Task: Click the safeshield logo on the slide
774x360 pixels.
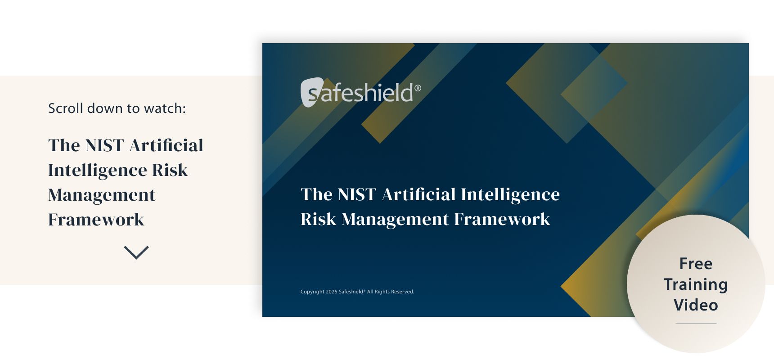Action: [x=360, y=93]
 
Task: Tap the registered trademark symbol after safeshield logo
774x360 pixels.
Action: [x=418, y=88]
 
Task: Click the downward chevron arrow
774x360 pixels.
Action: [x=136, y=252]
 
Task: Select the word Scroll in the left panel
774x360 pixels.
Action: [x=66, y=108]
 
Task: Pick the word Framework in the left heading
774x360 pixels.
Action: [x=96, y=220]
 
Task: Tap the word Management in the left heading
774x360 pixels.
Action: [x=102, y=195]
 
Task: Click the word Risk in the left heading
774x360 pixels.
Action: [x=170, y=170]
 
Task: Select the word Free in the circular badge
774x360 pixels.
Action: [x=696, y=264]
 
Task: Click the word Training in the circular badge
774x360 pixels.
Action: [x=696, y=284]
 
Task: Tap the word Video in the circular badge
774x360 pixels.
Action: [x=696, y=305]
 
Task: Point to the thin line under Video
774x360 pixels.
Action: [x=696, y=323]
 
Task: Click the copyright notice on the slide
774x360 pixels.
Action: [x=357, y=292]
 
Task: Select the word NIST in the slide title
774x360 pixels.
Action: [x=356, y=194]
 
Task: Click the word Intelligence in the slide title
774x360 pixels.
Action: [x=510, y=194]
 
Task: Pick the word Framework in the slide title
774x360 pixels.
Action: [x=502, y=219]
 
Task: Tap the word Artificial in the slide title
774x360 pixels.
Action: [x=418, y=194]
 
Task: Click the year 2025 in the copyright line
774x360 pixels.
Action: [x=331, y=292]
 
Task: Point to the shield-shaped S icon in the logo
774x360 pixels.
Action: [x=311, y=93]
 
